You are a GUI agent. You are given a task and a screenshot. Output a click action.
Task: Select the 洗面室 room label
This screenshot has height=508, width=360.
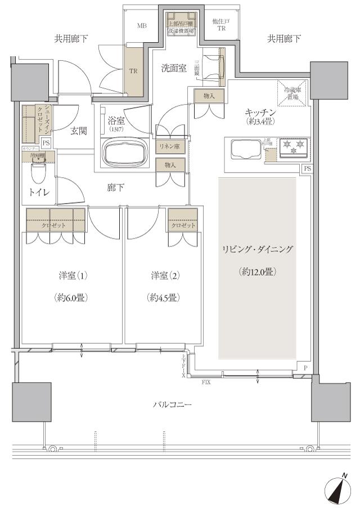pos(174,69)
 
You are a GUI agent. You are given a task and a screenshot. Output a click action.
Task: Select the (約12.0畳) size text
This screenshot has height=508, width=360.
pos(256,271)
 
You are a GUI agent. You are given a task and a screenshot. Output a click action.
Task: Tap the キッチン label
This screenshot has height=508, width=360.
pos(256,111)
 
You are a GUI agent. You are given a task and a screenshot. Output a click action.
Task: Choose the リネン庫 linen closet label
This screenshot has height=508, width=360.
pos(168,146)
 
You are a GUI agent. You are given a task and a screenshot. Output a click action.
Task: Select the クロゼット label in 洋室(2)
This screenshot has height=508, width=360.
pos(182,225)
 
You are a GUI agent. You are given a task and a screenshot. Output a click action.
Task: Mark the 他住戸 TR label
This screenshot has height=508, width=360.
pos(218,25)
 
